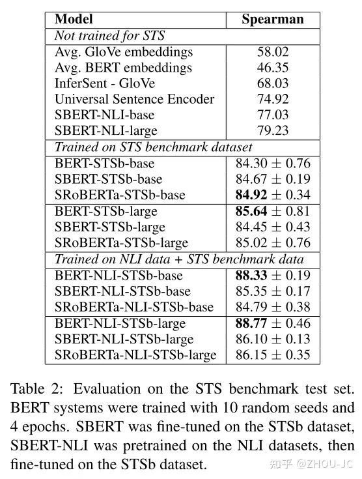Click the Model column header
click(74, 20)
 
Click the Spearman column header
click(273, 20)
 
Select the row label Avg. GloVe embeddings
click(124, 51)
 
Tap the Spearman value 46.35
click(273, 68)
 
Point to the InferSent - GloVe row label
click(111, 83)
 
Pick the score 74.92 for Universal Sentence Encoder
click(273, 100)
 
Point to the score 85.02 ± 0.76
click(273, 243)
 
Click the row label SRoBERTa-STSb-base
click(120, 195)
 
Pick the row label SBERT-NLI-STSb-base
click(123, 291)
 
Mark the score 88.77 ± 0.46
click(273, 323)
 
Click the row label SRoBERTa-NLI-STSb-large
click(135, 355)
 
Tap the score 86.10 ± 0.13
click(273, 339)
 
